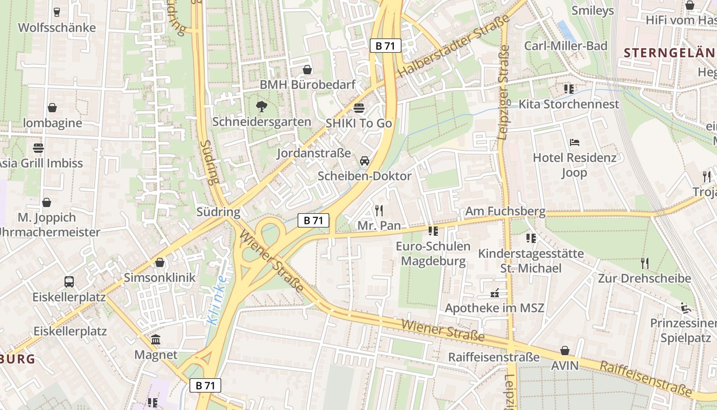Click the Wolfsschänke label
57,27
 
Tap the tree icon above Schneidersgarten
262,107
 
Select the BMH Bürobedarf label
307,85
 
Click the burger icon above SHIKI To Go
359,108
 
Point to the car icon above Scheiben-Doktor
365,161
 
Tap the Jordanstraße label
314,153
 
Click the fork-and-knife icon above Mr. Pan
379,210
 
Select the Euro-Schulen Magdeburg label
433,254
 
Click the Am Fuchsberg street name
505,211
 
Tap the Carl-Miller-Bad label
565,46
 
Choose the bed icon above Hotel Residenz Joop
574,142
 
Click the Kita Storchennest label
569,104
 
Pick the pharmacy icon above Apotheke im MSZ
495,293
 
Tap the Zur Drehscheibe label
644,278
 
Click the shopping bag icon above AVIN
564,351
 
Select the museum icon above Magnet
156,340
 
